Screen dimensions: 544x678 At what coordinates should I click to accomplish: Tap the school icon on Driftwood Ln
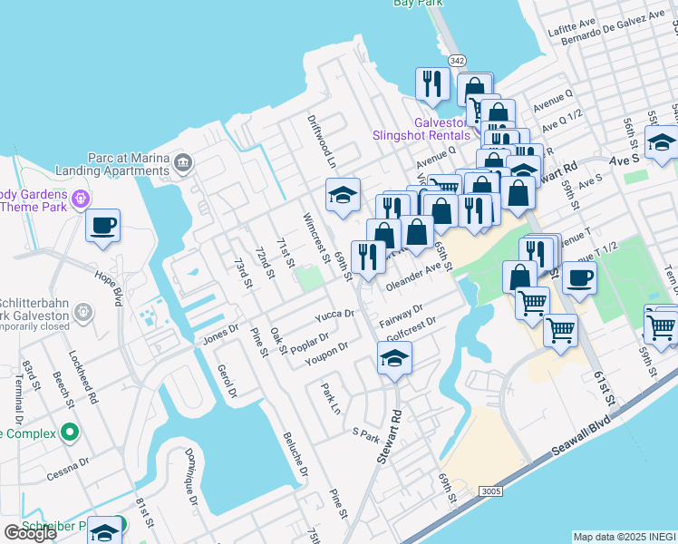(344, 194)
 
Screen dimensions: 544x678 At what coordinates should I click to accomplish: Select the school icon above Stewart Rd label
(394, 357)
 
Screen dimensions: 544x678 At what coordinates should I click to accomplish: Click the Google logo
(31, 533)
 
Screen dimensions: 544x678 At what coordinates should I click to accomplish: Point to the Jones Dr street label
(220, 333)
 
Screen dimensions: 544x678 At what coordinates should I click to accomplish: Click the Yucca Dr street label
(334, 316)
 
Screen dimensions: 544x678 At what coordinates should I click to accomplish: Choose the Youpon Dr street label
(326, 351)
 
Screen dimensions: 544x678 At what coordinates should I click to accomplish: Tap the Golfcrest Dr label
(411, 327)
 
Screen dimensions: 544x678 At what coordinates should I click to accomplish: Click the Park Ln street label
(330, 398)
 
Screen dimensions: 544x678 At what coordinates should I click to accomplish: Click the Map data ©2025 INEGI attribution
(625, 537)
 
